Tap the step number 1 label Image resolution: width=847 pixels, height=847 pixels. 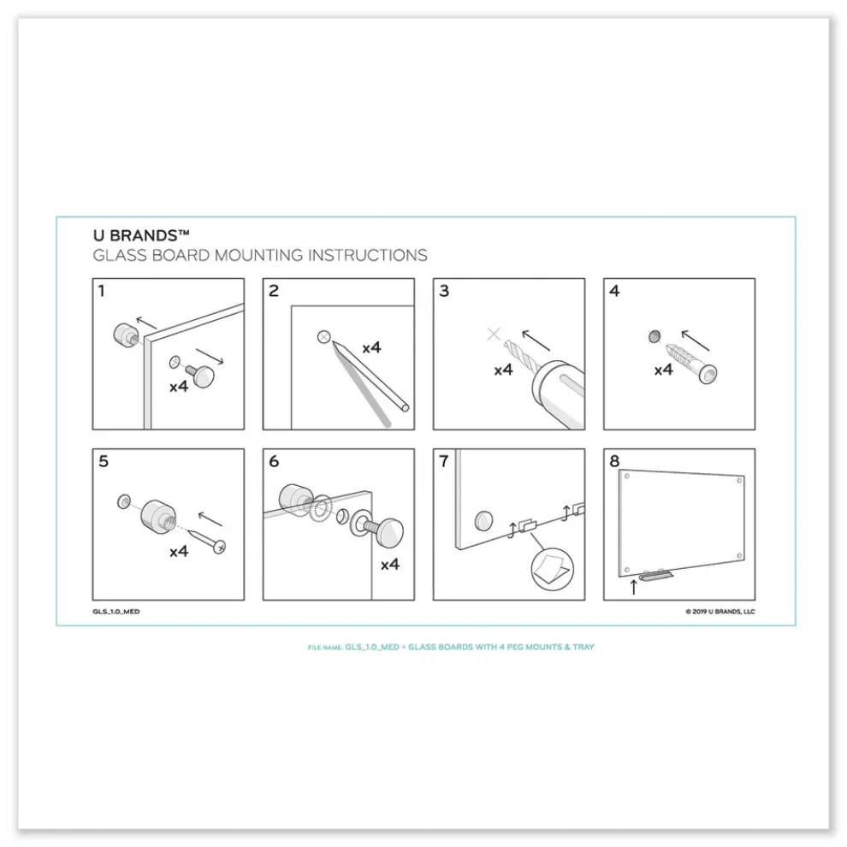click(x=102, y=292)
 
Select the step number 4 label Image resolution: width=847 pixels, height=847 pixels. click(x=614, y=292)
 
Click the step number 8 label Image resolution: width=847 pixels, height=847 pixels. click(x=614, y=461)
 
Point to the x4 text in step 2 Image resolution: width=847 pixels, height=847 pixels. click(x=371, y=348)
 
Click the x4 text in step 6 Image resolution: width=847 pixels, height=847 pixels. click(x=389, y=564)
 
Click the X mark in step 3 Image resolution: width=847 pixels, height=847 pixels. click(x=494, y=334)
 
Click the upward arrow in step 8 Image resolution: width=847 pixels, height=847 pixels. click(x=633, y=586)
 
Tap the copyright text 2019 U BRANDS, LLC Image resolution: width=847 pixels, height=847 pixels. click(x=720, y=612)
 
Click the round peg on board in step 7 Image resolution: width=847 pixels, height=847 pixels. click(x=484, y=519)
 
